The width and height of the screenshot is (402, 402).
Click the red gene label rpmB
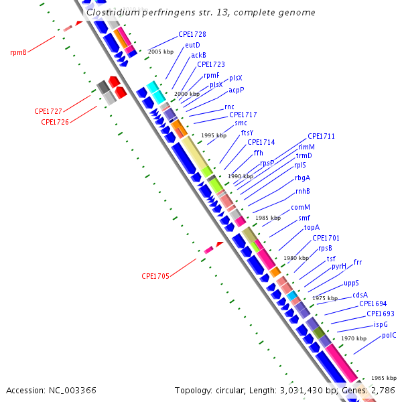click(18, 52)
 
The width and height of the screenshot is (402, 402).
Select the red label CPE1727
click(48, 111)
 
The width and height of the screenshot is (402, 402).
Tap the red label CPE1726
click(55, 122)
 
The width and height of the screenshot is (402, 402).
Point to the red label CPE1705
click(155, 276)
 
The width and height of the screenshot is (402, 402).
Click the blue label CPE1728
click(192, 34)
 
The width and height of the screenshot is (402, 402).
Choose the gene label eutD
click(192, 45)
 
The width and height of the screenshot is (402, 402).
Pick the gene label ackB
click(198, 55)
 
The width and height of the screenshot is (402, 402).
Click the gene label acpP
click(237, 90)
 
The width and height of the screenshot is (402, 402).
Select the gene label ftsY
click(247, 133)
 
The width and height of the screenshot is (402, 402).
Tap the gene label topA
click(312, 228)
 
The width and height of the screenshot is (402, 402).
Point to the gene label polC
click(389, 335)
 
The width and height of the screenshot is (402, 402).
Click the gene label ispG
click(381, 324)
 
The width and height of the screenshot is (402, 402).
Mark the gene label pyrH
click(339, 266)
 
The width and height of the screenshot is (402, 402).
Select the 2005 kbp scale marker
click(160, 52)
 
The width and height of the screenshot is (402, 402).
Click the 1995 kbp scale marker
click(214, 135)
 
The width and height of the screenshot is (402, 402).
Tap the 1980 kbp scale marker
click(296, 258)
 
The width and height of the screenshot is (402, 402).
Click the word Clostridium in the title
click(113, 12)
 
